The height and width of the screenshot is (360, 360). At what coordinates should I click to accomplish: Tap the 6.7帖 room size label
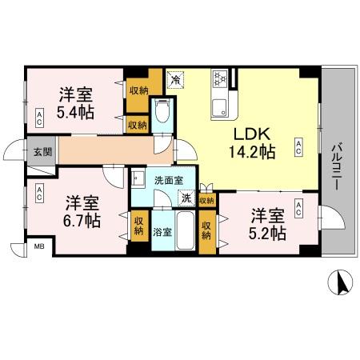82,217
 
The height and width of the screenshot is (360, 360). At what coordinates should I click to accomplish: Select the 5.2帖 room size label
267,233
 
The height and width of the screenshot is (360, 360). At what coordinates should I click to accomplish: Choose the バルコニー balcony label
335,165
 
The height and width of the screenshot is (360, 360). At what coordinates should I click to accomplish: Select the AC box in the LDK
298,146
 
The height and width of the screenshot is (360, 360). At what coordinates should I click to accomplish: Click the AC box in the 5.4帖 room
39,118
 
